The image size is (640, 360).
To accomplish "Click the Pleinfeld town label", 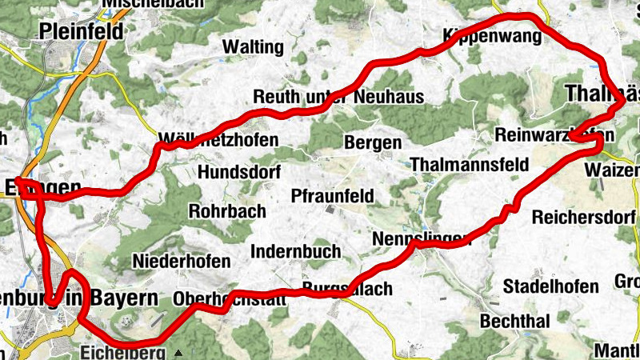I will (82, 32).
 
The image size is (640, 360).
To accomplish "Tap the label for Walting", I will (253, 47).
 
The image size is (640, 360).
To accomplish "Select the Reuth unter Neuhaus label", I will (338, 97).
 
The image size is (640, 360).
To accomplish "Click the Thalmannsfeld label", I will (469, 165).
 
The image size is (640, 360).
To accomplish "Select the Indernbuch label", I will (295, 251).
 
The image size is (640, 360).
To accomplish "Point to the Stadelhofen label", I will (550, 286).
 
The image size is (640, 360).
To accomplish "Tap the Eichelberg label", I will (122, 352).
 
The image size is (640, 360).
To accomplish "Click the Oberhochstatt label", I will (229, 300).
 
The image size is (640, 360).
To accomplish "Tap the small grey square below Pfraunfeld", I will (328, 210).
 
